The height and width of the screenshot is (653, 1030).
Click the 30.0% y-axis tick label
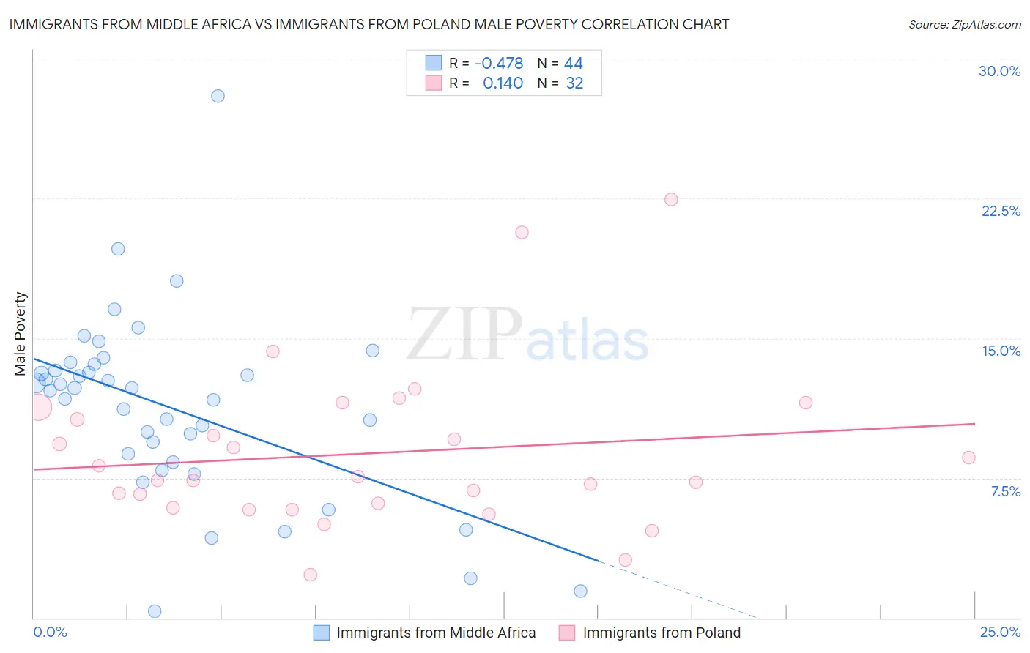click(999, 71)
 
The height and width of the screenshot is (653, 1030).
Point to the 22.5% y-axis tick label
click(1001, 211)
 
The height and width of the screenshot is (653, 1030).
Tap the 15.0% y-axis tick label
click(1001, 351)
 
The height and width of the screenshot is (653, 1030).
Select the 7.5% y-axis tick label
click(1005, 491)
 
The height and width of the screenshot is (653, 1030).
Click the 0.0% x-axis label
click(50, 632)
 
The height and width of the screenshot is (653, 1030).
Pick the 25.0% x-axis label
click(1000, 632)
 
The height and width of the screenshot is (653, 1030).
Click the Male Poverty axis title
click(21, 334)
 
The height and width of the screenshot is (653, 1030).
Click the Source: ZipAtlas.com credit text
click(964, 25)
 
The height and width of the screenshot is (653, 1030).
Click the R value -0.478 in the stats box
click(499, 63)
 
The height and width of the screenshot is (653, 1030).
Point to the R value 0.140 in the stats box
click(503, 83)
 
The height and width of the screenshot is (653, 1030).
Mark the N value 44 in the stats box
click(574, 63)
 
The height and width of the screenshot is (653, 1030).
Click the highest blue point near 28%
click(218, 96)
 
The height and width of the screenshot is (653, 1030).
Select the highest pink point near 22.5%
click(671, 199)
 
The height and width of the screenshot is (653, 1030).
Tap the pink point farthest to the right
click(968, 458)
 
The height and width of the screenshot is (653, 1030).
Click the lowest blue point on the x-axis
click(155, 611)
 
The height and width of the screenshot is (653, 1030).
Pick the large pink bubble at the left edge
click(39, 407)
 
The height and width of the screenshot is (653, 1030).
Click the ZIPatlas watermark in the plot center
click(527, 335)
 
